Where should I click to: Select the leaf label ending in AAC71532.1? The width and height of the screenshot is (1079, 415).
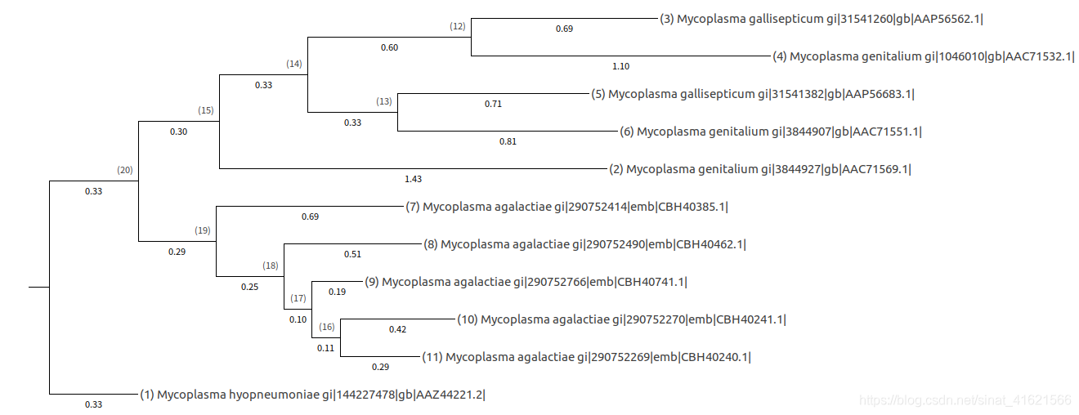(x=924, y=56)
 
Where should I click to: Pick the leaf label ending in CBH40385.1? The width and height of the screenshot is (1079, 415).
(x=566, y=207)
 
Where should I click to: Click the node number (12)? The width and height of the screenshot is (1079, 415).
(x=458, y=26)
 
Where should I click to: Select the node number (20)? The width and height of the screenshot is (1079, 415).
(x=125, y=170)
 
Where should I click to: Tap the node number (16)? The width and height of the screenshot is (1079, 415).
(x=327, y=328)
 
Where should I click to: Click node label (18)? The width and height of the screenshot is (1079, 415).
(x=271, y=266)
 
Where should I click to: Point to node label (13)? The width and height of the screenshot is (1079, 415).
(x=384, y=101)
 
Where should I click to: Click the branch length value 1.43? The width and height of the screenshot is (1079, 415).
(x=413, y=178)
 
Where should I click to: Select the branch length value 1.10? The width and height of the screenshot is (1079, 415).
(x=621, y=66)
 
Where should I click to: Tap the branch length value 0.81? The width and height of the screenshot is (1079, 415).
(x=508, y=141)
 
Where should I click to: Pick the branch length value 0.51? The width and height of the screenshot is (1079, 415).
(x=352, y=254)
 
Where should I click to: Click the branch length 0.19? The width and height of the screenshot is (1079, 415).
(x=337, y=292)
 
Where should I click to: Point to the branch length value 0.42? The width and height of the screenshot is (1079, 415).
(x=397, y=329)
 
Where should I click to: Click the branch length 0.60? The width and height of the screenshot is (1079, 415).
(x=389, y=47)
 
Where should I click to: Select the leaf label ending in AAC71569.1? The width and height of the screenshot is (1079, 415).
(x=760, y=169)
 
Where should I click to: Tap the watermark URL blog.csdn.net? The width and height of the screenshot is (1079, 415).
(x=966, y=400)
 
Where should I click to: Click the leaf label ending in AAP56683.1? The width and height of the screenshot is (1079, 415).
(x=753, y=94)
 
